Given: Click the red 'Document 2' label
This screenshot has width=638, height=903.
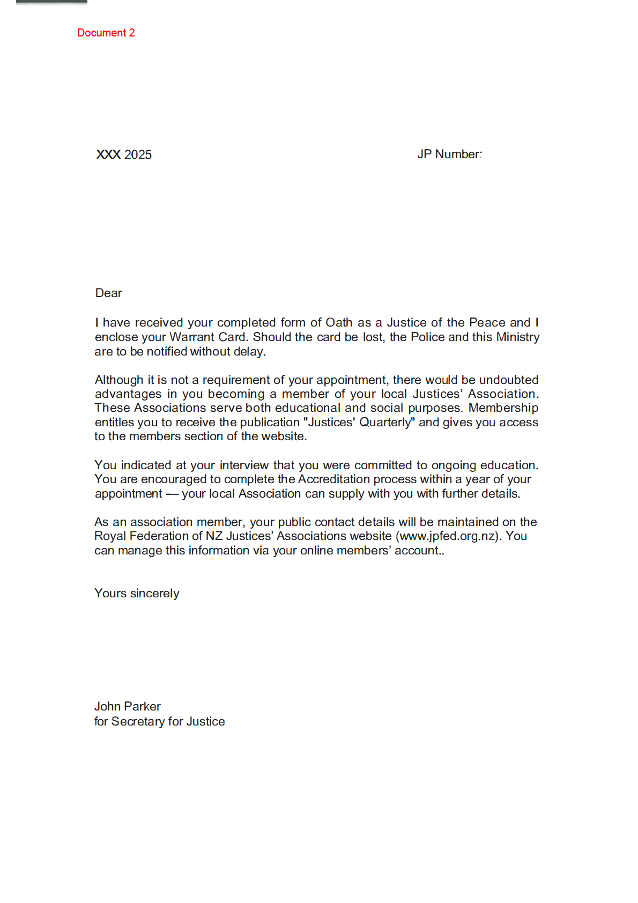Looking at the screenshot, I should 106,33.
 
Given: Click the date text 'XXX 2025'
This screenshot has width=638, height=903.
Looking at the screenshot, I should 124,154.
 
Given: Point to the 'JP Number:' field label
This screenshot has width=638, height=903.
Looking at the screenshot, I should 449,154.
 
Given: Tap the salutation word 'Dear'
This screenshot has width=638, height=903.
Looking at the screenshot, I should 108,293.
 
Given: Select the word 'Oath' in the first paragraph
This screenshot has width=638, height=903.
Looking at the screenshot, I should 339,322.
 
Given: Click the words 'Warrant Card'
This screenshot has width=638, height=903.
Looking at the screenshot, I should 207,337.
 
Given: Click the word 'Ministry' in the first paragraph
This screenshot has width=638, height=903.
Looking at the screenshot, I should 517,337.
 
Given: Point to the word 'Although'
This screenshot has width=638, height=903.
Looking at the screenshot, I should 119,380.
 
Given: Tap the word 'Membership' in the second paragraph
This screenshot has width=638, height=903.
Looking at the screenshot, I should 503,408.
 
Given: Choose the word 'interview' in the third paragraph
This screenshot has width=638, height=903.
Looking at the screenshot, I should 244,465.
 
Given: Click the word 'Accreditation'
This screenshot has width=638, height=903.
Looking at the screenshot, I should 333,479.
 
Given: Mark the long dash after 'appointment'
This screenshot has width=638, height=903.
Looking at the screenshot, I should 172,493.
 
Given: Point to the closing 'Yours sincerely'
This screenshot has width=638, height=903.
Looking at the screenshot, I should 137,593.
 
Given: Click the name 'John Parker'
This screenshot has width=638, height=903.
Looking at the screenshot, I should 127,706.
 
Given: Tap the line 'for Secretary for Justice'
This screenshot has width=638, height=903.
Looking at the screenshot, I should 159,721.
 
